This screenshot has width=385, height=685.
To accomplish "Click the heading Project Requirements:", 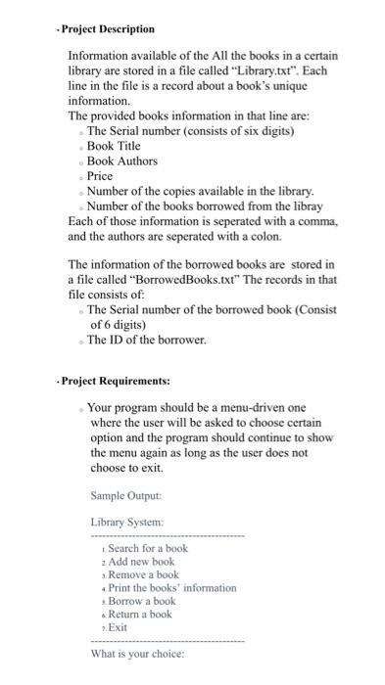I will point(112,380).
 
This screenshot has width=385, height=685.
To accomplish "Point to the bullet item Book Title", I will point(121,145).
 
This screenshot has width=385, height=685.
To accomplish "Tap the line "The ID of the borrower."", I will point(147,340).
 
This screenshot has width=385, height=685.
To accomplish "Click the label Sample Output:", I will point(125,495).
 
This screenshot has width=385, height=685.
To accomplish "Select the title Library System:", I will point(126,523).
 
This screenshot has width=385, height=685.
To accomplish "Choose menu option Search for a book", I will point(147,548).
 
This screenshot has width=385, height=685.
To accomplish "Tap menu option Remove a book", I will point(143,574).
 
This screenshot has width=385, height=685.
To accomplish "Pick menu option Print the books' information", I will point(171,588).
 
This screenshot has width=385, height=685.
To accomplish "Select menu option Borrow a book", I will point(143,601).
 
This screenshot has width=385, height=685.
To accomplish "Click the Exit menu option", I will point(118,627).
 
